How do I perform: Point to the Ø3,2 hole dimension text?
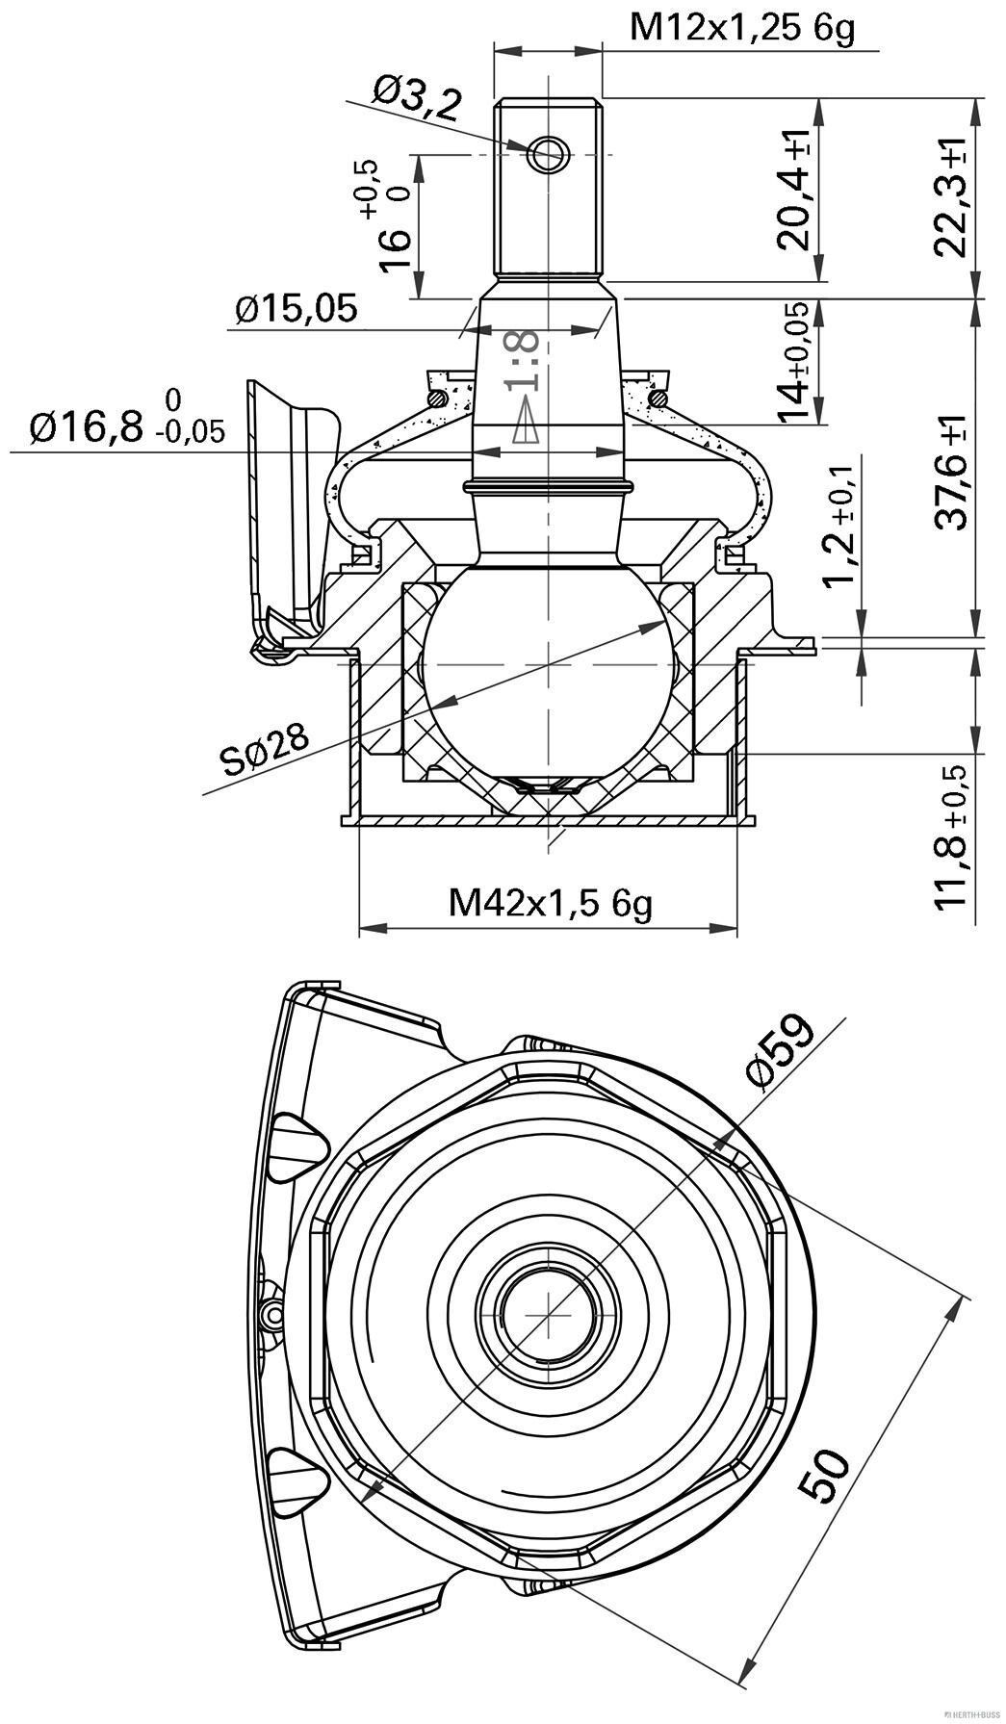(x=417, y=100)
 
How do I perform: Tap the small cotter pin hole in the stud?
(x=549, y=152)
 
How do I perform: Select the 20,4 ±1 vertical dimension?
(x=796, y=190)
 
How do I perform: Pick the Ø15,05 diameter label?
(x=297, y=309)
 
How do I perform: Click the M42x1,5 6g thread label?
(x=550, y=903)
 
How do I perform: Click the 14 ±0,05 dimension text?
(x=795, y=365)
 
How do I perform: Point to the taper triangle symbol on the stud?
(x=523, y=423)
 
